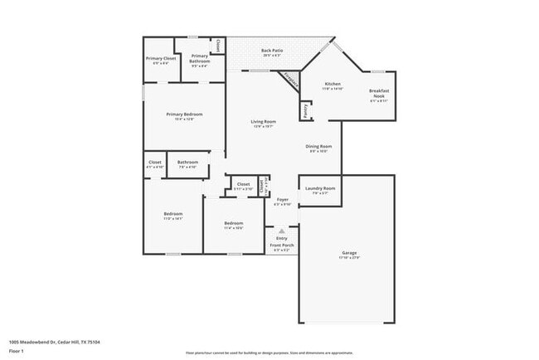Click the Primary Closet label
click(x=161, y=58)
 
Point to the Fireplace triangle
click(x=290, y=80)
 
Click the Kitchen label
click(x=333, y=85)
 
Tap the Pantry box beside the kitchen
click(x=305, y=109)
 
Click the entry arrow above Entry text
click(x=282, y=231)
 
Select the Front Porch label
click(x=282, y=246)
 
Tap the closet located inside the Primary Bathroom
click(x=218, y=46)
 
